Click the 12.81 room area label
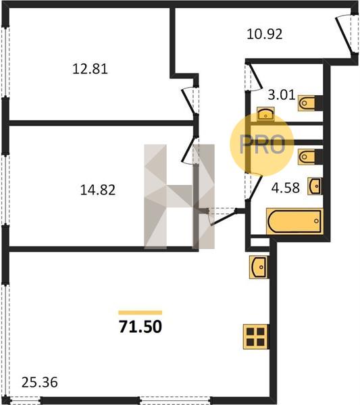coord(90,69)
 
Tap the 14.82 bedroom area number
coord(98,190)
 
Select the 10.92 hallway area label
coord(265,34)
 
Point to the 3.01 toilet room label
coord(282,94)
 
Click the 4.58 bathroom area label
coord(286,188)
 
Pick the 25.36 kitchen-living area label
coord(40,383)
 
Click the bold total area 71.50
coord(140,327)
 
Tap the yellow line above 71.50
coord(140,313)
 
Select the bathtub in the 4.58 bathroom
coord(295,221)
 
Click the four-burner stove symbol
coord(255,337)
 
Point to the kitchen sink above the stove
coord(258,267)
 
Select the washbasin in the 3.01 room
coord(265,114)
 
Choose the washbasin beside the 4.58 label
coord(315,186)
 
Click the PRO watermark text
coord(262,144)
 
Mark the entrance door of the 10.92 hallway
coord(346,34)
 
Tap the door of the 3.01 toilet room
coord(253,77)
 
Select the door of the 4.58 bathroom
coord(254,186)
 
